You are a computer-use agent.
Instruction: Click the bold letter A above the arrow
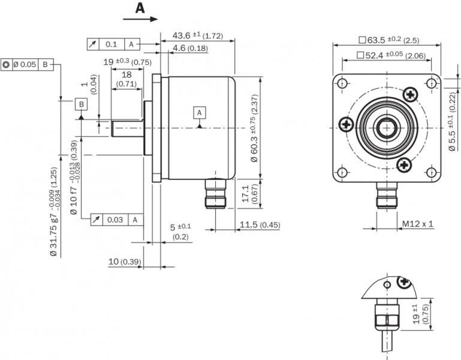tap(140, 8)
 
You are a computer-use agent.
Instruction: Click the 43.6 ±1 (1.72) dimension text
tap(197, 36)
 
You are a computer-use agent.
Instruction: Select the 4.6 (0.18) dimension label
tap(190, 48)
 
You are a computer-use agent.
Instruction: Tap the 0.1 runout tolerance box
tap(112, 44)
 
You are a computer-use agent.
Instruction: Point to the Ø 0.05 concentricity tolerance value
tap(25, 64)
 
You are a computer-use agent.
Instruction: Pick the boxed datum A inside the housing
tap(200, 112)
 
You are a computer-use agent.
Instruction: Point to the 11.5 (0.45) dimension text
tap(260, 225)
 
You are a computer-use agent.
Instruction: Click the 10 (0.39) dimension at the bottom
tap(124, 262)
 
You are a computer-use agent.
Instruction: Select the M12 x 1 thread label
tap(417, 224)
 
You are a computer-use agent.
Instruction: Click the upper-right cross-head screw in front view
tap(411, 94)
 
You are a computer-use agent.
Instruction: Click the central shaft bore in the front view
tap(384, 127)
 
